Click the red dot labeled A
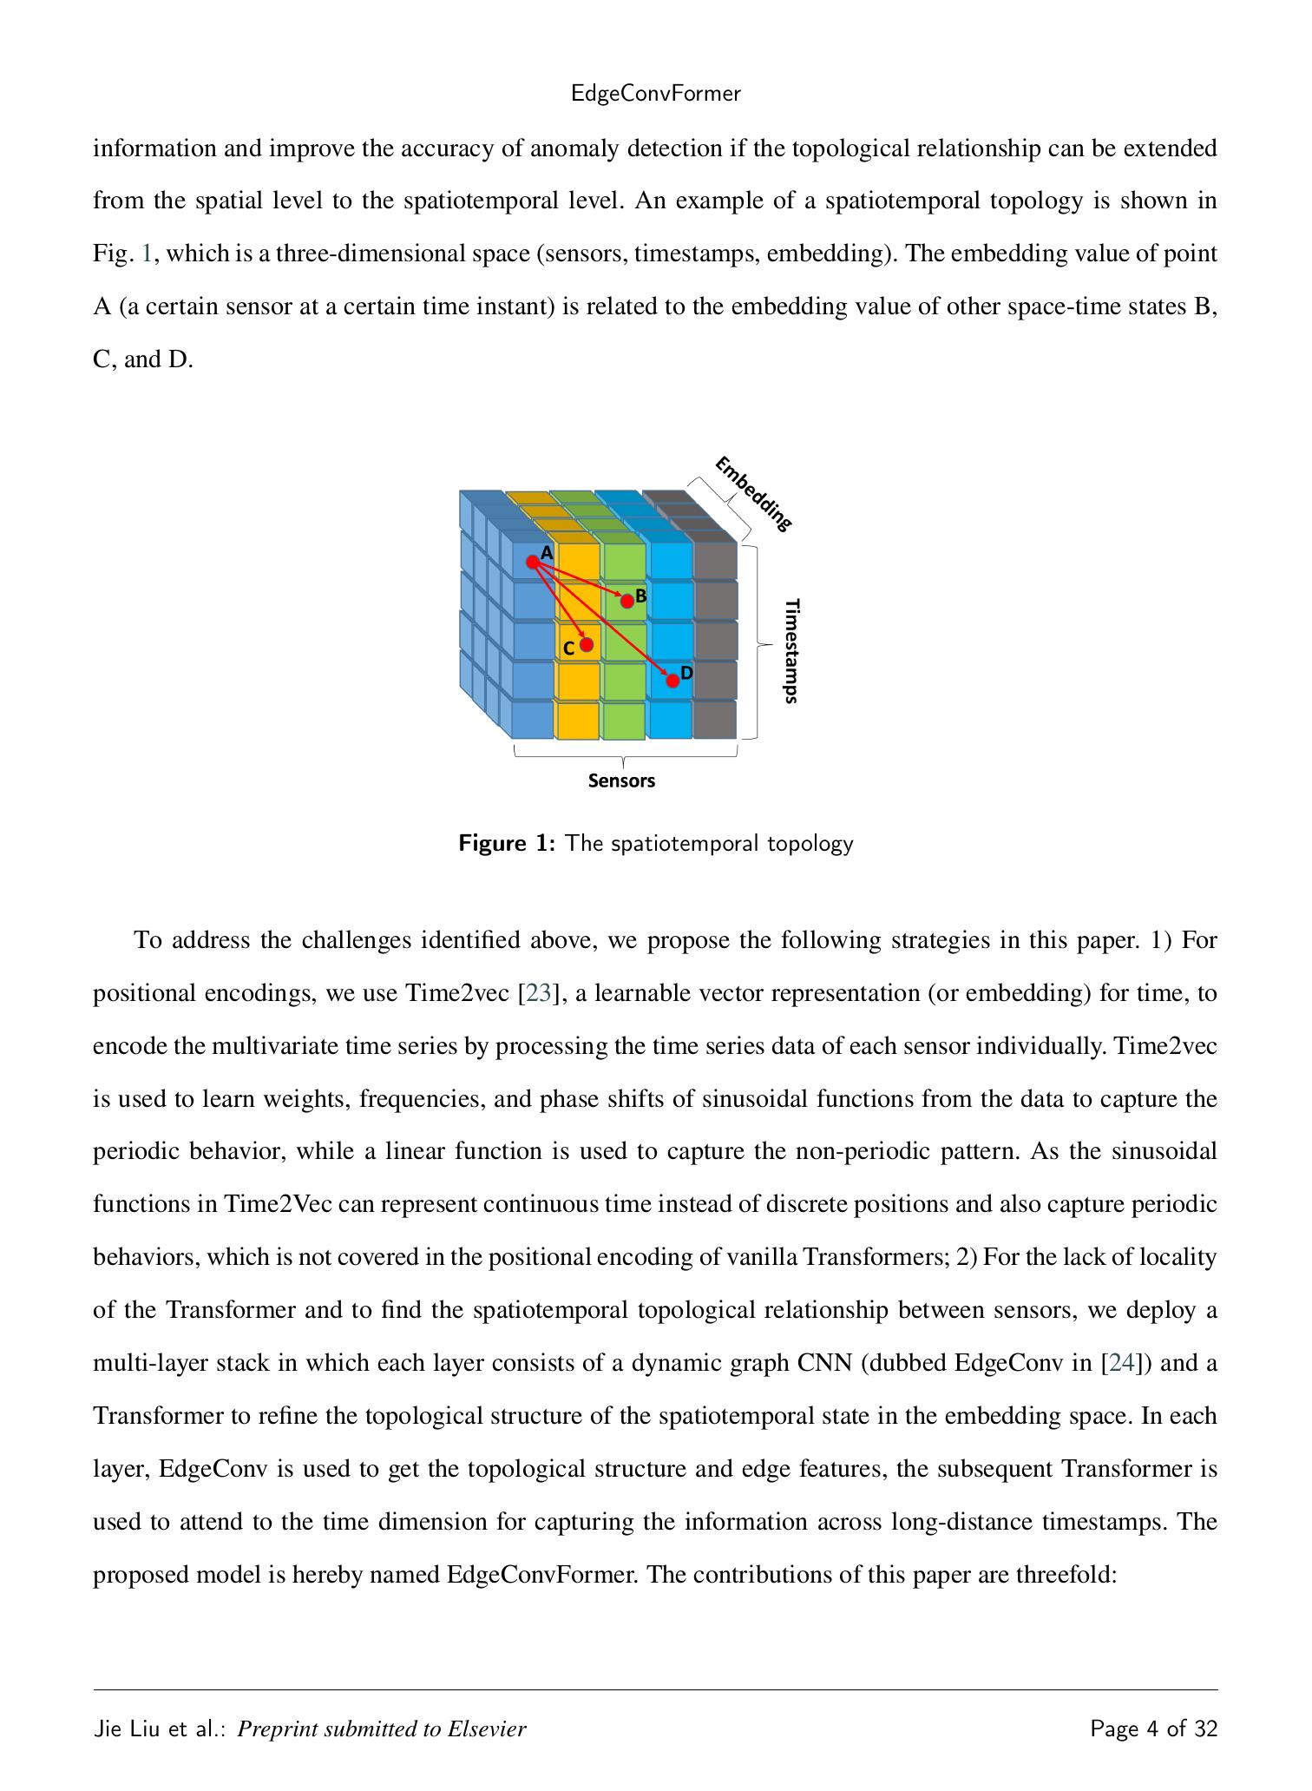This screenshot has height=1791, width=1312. [x=532, y=562]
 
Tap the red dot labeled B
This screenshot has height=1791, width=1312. [x=626, y=601]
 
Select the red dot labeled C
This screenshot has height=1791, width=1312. [x=587, y=644]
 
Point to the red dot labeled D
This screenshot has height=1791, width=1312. [x=672, y=680]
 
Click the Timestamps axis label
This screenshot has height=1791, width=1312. [x=790, y=650]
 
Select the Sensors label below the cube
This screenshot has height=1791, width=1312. [x=621, y=780]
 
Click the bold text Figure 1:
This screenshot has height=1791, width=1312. [x=507, y=843]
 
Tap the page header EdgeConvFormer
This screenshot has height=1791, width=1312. [x=656, y=94]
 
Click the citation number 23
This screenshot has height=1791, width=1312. [x=538, y=993]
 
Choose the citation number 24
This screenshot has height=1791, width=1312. [x=1121, y=1363]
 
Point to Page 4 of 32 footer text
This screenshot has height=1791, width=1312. [x=1153, y=1729]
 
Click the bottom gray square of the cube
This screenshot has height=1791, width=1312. [x=715, y=721]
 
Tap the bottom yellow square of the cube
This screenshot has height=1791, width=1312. [x=578, y=721]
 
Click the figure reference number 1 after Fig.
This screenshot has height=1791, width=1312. [x=147, y=254]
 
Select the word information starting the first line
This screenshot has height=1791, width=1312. [x=155, y=148]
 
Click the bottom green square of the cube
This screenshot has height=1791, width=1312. [x=624, y=721]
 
